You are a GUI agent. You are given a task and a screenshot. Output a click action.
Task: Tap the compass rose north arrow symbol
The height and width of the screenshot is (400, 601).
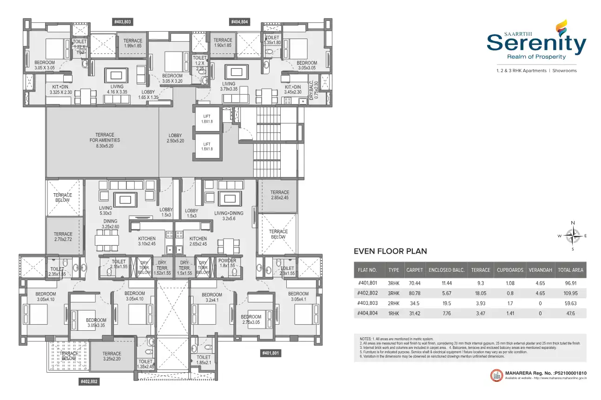pos(573,236)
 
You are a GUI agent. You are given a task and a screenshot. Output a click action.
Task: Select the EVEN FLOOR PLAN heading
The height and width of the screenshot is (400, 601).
pos(390,251)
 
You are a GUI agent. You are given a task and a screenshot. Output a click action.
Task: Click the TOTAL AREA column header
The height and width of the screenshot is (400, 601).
pos(570,270)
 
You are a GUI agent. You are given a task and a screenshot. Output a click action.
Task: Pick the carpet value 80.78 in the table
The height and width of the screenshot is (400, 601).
pos(415,293)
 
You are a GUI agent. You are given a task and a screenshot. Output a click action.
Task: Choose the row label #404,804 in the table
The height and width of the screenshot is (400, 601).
pos(368,314)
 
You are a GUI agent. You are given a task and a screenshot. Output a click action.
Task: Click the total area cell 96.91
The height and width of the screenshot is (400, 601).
pos(570,282)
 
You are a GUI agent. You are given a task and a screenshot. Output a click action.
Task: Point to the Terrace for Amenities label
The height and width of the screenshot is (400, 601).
pos(105,140)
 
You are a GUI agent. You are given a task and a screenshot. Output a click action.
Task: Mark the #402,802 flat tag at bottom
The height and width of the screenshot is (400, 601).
pos(89,381)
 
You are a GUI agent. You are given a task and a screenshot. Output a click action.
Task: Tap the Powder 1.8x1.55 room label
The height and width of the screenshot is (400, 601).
pos(227,263)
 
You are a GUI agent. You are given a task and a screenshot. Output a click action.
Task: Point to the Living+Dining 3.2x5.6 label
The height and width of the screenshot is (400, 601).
pos(226,216)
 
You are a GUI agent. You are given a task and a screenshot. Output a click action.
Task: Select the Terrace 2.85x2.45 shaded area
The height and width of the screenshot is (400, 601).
pos(279,195)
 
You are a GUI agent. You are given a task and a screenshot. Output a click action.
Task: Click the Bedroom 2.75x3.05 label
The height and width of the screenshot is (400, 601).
pos(251,320)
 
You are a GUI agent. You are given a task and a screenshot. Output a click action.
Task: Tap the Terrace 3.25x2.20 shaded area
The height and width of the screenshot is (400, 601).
pos(112,356)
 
